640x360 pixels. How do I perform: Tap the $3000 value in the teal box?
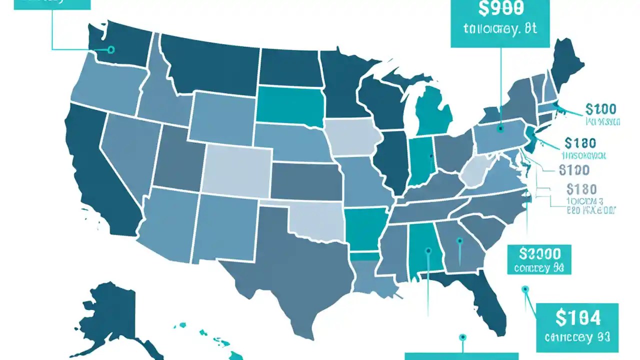click(538, 252)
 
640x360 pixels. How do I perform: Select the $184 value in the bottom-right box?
click(577, 316)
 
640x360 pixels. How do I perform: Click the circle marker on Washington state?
click(111, 49)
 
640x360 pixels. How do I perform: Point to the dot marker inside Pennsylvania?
click(499, 128)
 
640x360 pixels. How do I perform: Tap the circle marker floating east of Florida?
click(524, 289)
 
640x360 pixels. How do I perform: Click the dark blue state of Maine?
click(568, 60)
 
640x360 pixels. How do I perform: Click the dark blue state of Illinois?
click(392, 160)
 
